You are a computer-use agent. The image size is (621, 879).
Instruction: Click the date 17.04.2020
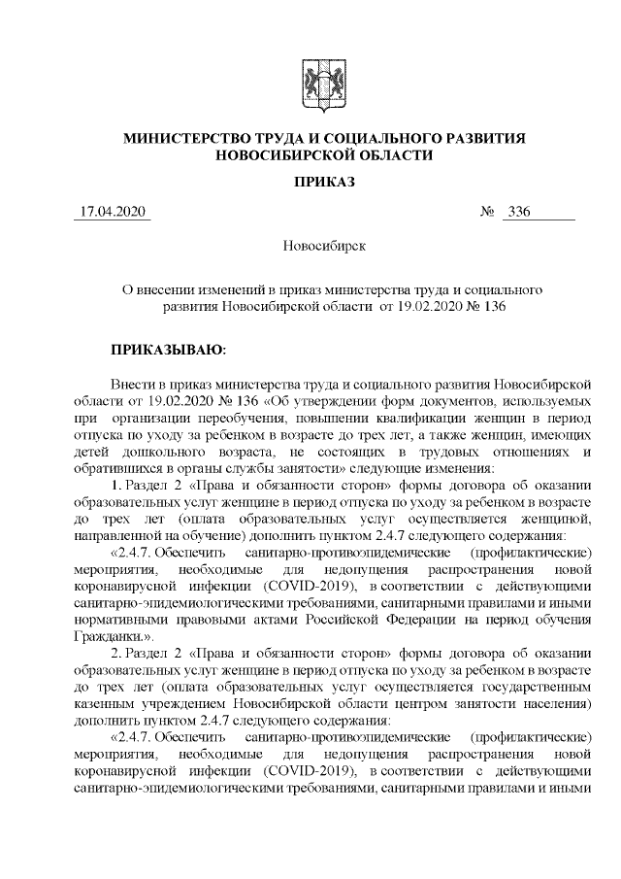(x=113, y=212)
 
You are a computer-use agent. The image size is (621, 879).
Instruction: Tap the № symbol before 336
(x=488, y=212)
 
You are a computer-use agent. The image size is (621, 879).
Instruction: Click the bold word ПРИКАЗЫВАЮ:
(x=168, y=346)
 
